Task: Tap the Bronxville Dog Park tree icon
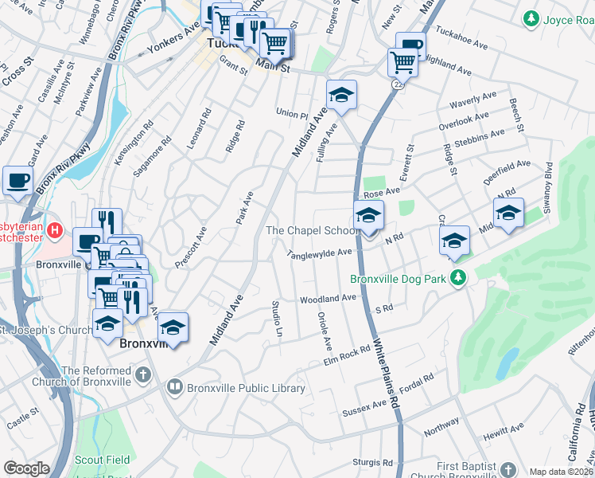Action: (x=457, y=278)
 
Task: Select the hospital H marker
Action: (x=55, y=231)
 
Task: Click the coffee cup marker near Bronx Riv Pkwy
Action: (x=17, y=180)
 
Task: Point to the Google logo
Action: (x=26, y=468)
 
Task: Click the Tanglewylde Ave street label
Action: (x=320, y=253)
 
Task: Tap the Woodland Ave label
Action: (x=328, y=299)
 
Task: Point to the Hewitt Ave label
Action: (x=507, y=429)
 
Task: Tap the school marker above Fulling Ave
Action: (x=341, y=95)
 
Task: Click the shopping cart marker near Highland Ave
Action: (x=403, y=61)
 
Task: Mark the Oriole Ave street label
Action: (x=325, y=335)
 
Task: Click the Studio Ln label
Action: (x=277, y=315)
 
